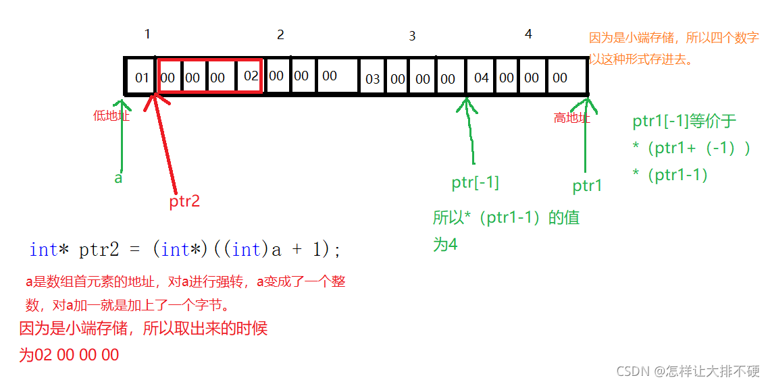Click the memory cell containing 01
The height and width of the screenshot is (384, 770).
point(141,78)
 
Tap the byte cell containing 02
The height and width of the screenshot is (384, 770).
point(251,76)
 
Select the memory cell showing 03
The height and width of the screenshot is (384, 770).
point(373,79)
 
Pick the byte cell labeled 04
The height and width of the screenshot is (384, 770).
point(481,78)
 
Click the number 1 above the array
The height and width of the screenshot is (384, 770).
point(147,34)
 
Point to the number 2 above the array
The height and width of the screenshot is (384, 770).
point(280,35)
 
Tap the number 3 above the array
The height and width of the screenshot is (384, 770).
point(412,36)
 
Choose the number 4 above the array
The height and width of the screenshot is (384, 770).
point(528,34)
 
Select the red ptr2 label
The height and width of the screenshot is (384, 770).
point(184,201)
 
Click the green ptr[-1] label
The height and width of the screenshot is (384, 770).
point(475,182)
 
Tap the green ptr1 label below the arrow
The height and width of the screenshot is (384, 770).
point(587,186)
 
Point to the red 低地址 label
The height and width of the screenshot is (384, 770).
point(111,116)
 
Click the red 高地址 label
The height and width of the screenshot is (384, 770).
point(571,118)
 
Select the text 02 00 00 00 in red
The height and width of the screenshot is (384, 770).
point(78,355)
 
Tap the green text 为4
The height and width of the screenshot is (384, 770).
point(445,244)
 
